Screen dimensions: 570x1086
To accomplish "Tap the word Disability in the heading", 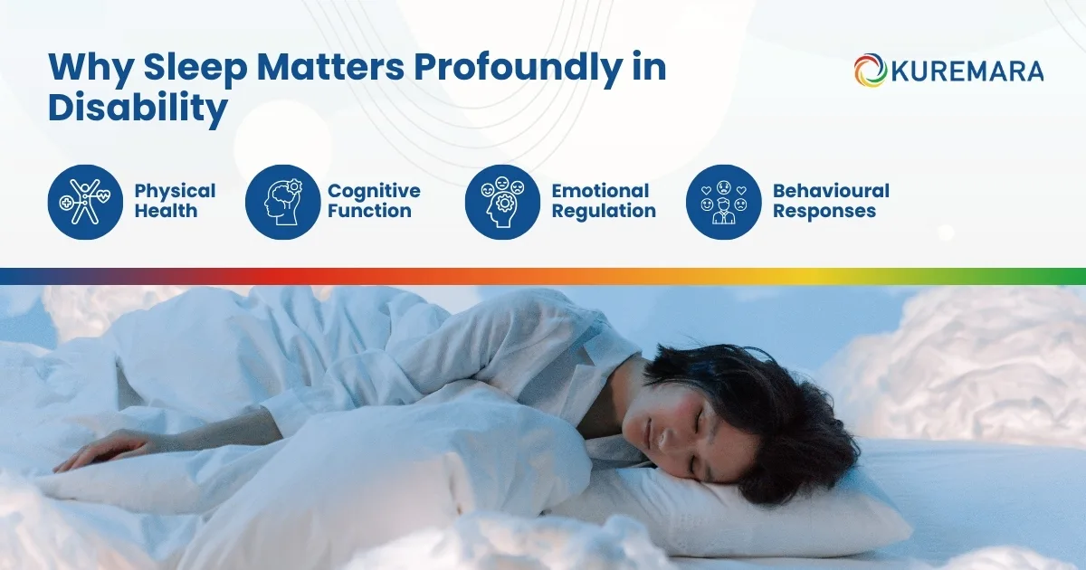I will tap(138, 109).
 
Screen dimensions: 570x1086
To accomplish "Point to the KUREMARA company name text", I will tap(967, 71).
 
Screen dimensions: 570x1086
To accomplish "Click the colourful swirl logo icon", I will tap(870, 71).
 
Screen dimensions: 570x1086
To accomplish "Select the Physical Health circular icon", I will tap(84, 202).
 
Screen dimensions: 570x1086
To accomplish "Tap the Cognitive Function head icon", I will tap(282, 202).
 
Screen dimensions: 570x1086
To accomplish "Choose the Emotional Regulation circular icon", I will tap(502, 202).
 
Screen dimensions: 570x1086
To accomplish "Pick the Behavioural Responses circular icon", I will tap(723, 202).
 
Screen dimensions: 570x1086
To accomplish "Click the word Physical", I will tap(176, 191).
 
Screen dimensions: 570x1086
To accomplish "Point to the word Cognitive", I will tap(374, 191).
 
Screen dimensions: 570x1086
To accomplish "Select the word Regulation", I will tap(604, 211).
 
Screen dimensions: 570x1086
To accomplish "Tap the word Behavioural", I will tap(831, 191).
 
